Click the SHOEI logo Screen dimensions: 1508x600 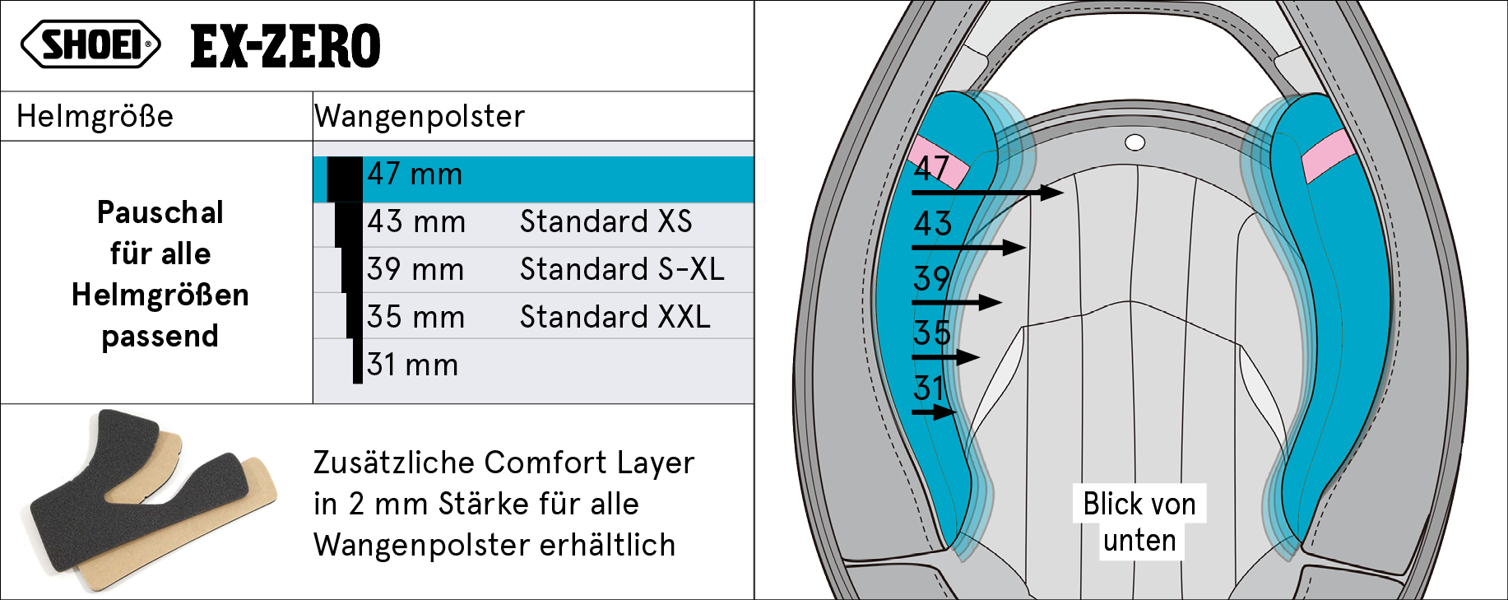90,44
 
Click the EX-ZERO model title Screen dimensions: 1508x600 285,46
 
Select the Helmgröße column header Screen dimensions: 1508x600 95,116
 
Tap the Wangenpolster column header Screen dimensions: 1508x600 420,116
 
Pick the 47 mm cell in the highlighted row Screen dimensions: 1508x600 415,174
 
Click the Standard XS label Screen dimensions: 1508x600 606,221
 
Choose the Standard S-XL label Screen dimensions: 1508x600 622,269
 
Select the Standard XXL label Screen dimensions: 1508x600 615,317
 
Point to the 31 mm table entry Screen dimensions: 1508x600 412,365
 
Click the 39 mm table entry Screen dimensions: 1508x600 415,269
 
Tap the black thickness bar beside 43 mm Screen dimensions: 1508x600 349,225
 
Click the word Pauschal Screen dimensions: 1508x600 160,212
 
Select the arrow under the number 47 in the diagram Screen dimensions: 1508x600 987,193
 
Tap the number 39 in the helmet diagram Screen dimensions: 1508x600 932,278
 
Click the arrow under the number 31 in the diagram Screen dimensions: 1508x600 935,412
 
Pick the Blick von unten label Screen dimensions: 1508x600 1139,522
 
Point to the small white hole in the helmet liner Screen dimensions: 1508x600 1134,143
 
